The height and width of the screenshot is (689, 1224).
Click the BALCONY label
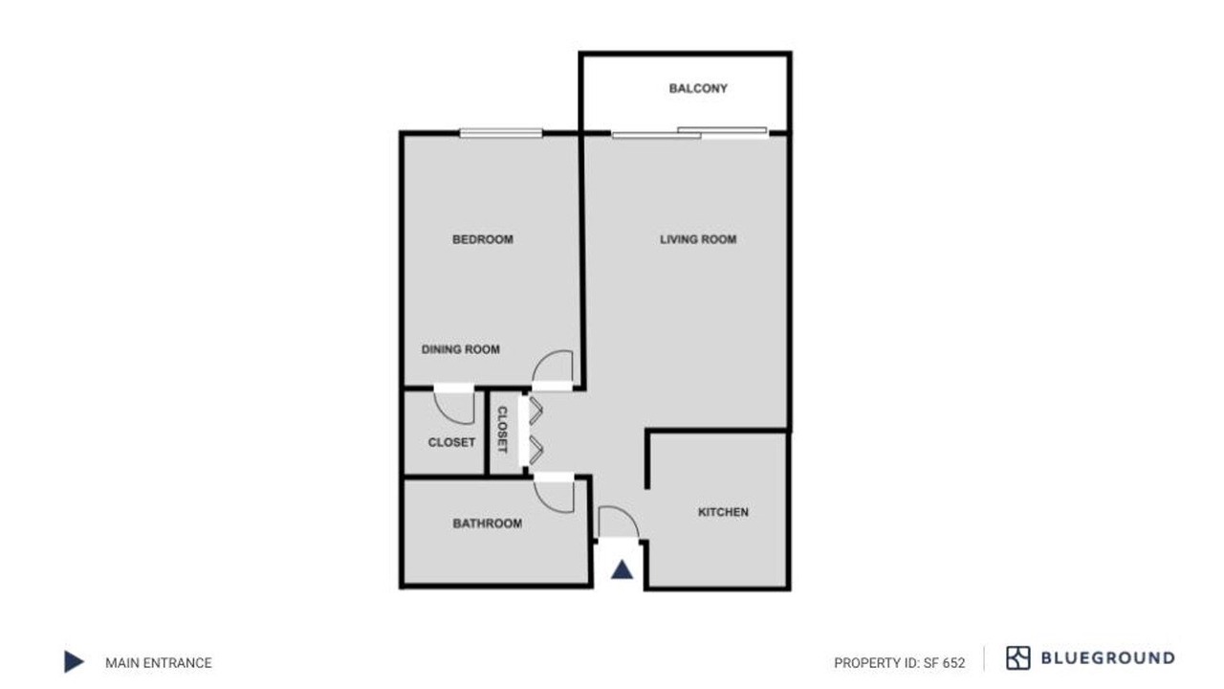pyautogui.click(x=698, y=89)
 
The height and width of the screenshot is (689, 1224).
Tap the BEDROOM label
pyautogui.click(x=483, y=239)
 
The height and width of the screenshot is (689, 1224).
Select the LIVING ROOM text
pyautogui.click(x=698, y=239)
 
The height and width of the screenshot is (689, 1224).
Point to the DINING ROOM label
pyautogui.click(x=461, y=349)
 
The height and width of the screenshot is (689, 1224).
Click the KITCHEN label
pyautogui.click(x=723, y=512)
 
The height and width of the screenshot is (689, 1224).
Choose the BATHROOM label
pyautogui.click(x=488, y=523)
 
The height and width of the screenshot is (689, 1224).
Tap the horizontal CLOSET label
pyautogui.click(x=451, y=442)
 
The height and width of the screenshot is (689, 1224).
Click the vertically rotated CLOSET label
pyautogui.click(x=502, y=430)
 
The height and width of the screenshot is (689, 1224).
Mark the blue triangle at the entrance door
pyautogui.click(x=622, y=570)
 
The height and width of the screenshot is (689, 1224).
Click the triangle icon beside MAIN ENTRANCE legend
pyautogui.click(x=74, y=661)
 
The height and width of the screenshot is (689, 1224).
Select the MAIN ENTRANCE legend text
pyautogui.click(x=159, y=663)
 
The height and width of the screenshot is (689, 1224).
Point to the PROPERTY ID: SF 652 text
pyautogui.click(x=900, y=663)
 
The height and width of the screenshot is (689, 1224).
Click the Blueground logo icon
pyautogui.click(x=1018, y=657)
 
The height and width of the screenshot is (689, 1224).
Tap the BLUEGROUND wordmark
pyautogui.click(x=1108, y=657)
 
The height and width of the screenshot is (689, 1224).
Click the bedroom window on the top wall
pyautogui.click(x=501, y=133)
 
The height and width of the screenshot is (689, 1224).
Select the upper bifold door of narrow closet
pyautogui.click(x=536, y=411)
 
